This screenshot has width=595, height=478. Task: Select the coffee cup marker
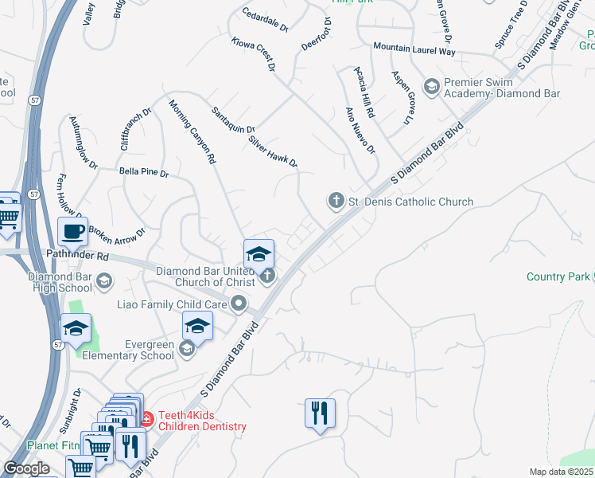73,232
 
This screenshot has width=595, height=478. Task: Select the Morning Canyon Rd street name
192,131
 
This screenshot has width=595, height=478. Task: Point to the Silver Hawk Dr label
273,151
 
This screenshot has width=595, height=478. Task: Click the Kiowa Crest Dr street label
253,55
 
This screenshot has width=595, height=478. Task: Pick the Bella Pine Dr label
143,172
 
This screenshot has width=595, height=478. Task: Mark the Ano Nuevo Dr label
360,131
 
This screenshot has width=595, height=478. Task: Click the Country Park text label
557,276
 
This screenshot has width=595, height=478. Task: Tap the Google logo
26,468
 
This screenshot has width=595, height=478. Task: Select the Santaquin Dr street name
233,120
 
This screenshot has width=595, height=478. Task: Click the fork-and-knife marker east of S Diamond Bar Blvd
320,413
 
